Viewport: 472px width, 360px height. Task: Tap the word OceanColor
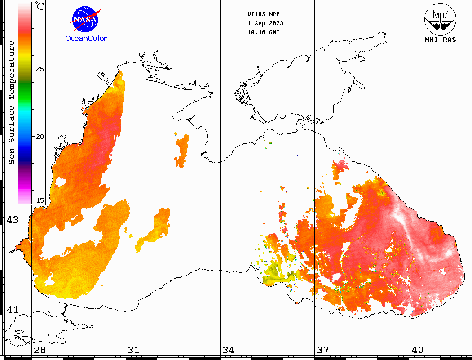86,39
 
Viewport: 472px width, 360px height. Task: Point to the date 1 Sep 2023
265,23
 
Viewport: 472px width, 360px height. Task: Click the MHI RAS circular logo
440,18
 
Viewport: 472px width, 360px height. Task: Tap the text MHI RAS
440,40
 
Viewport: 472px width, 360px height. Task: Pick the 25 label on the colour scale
40,69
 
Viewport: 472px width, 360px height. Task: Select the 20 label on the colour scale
40,136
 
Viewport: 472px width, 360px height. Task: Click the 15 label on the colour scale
40,201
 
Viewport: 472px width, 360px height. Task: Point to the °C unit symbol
40,6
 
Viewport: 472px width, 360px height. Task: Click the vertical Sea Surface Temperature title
12,102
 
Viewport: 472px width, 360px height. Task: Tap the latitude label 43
12,220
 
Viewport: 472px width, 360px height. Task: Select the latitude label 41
12,310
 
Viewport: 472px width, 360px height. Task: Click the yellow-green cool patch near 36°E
275,275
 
